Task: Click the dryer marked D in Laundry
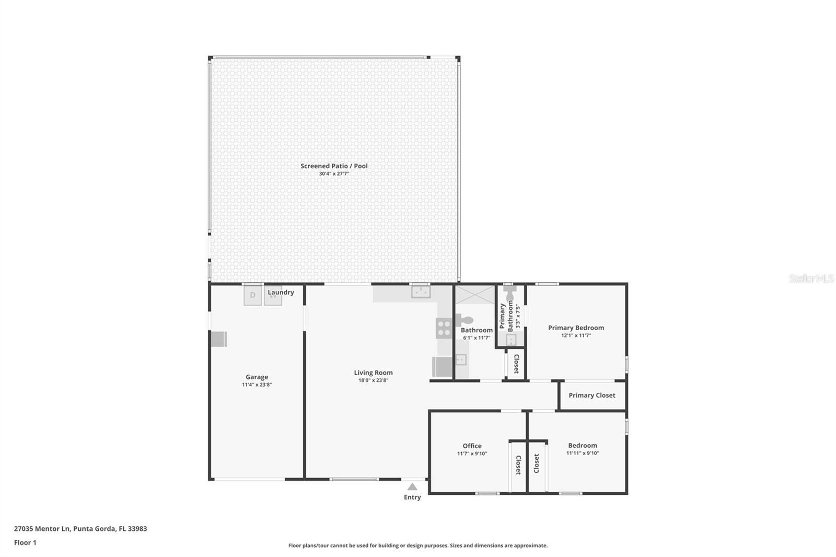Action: (x=252, y=295)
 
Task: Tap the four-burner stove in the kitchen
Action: (x=444, y=328)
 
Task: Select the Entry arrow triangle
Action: (x=412, y=486)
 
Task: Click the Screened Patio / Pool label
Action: (x=334, y=166)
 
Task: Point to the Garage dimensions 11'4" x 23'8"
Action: (x=257, y=385)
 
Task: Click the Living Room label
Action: (x=373, y=373)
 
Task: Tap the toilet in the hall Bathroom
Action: (x=465, y=319)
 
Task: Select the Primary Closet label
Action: (x=591, y=396)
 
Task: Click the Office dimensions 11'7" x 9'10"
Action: (x=472, y=454)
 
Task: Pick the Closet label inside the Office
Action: (x=518, y=465)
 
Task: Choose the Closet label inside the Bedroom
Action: (x=537, y=463)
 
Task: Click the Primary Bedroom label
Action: (x=576, y=328)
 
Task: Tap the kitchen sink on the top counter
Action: (x=421, y=292)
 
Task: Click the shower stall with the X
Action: (x=474, y=295)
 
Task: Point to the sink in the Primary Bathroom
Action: (x=510, y=340)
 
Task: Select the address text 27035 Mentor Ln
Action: (x=42, y=528)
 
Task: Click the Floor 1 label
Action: (x=25, y=542)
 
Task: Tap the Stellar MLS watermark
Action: (x=811, y=278)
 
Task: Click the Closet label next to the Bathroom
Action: (x=516, y=364)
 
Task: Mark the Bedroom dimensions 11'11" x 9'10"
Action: (x=582, y=454)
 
